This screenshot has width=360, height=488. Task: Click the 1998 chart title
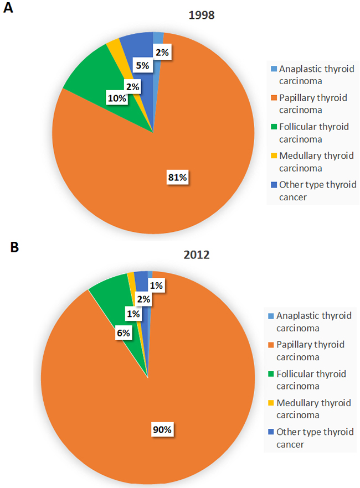point(202,15)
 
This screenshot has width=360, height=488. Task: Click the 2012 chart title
point(197,255)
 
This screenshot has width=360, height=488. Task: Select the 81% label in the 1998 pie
point(178,178)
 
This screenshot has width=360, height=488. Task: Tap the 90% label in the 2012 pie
point(162,430)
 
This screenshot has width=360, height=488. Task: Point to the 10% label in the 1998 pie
point(117,98)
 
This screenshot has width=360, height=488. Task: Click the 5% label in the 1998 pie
point(143,65)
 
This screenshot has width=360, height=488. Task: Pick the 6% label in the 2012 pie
point(124,333)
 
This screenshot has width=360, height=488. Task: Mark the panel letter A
point(8,8)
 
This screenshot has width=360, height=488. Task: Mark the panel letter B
point(14,247)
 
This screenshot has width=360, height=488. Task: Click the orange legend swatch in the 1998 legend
point(274,98)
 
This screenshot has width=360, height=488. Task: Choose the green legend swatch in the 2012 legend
point(271,373)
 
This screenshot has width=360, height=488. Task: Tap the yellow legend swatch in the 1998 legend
point(274,155)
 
